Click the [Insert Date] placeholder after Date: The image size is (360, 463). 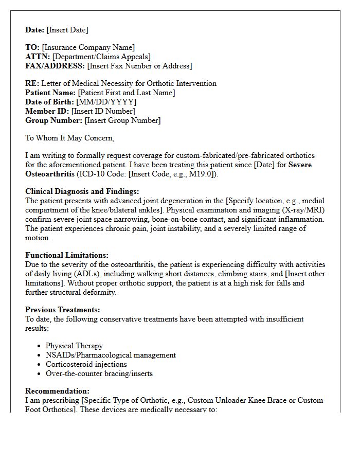[x=67, y=30]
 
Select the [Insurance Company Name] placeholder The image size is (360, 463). [x=88, y=47]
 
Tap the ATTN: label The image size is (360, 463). [x=38, y=57]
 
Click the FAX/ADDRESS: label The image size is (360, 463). [x=55, y=66]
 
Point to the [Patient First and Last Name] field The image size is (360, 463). [x=126, y=93]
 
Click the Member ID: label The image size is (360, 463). [x=47, y=111]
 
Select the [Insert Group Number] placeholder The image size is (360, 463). [x=122, y=120]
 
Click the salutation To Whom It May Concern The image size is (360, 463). [x=69, y=138]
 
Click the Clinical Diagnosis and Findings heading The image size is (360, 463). [x=82, y=191]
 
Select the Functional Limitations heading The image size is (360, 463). [x=67, y=255]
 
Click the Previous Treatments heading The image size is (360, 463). [x=63, y=310]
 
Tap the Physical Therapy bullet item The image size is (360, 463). [x=74, y=346]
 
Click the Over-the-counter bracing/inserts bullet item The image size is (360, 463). [x=99, y=373]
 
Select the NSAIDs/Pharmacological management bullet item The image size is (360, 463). [x=111, y=355]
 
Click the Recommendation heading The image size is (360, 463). [x=57, y=391]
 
